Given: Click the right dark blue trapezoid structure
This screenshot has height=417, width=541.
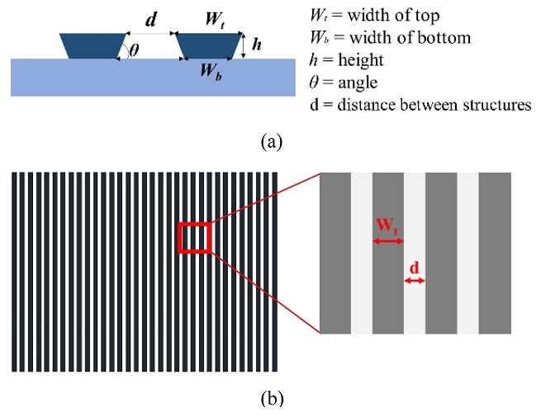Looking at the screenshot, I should (210, 46).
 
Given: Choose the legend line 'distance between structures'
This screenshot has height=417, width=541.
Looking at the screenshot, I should (425, 105).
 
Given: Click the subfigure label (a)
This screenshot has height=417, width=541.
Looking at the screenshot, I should (271, 142).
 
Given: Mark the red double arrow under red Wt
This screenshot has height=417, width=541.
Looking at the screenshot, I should (387, 241).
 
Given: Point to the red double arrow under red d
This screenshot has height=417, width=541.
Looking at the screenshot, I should (415, 282).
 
